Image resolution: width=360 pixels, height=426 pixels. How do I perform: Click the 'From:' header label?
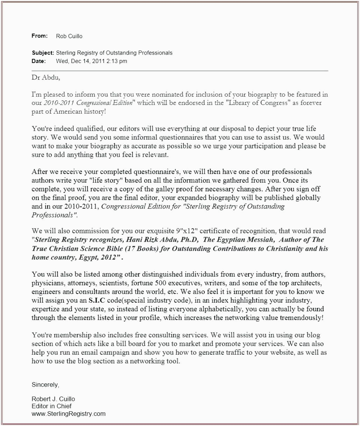click(39, 36)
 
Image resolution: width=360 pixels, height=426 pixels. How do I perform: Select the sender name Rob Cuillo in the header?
click(69, 36)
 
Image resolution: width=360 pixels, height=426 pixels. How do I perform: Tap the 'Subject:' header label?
click(43, 53)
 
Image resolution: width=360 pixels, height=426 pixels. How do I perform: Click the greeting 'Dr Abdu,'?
click(46, 78)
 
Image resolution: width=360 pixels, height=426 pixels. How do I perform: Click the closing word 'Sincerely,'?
click(45, 385)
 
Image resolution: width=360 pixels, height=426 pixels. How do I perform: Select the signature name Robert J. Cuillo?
click(53, 399)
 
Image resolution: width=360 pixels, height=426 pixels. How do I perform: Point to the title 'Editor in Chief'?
click(51, 406)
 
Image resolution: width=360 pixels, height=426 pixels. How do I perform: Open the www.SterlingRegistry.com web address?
click(69, 414)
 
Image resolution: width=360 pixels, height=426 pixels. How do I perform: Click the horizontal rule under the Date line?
click(180, 71)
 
